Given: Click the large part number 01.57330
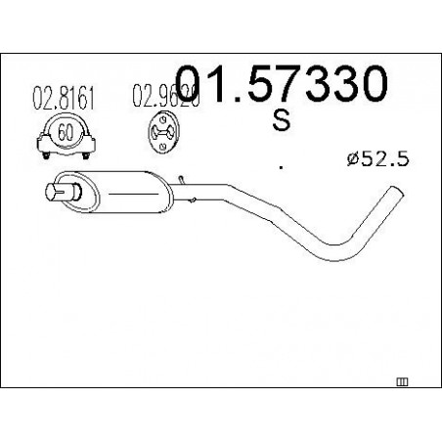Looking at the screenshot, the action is tap(282, 83).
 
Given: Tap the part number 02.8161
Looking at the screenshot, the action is tap(64, 97).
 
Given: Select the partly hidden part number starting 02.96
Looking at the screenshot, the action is tap(165, 95).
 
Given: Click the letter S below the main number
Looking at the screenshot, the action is tap(282, 120).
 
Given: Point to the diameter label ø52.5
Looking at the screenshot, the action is tap(377, 159).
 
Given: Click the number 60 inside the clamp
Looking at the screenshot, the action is tap(66, 133).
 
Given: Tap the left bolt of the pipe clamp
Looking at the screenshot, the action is tap(46, 155).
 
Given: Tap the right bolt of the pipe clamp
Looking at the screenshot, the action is tap(86, 155).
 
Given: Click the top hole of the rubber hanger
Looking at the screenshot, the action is tap(162, 120).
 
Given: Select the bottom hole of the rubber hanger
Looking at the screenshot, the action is tap(162, 146).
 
